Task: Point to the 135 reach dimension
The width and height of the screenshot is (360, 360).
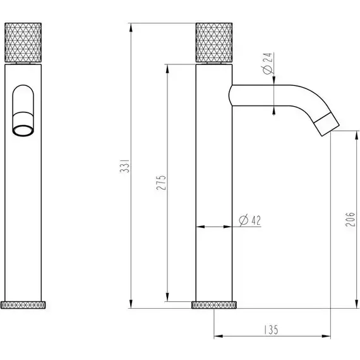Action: tap(270, 329)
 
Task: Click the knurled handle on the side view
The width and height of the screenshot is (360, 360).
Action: tap(217, 42)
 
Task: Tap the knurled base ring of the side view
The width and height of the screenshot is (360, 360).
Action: tap(215, 305)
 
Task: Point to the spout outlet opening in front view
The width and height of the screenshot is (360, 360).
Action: tap(25, 130)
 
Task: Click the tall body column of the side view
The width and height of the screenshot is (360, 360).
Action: tap(215, 189)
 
